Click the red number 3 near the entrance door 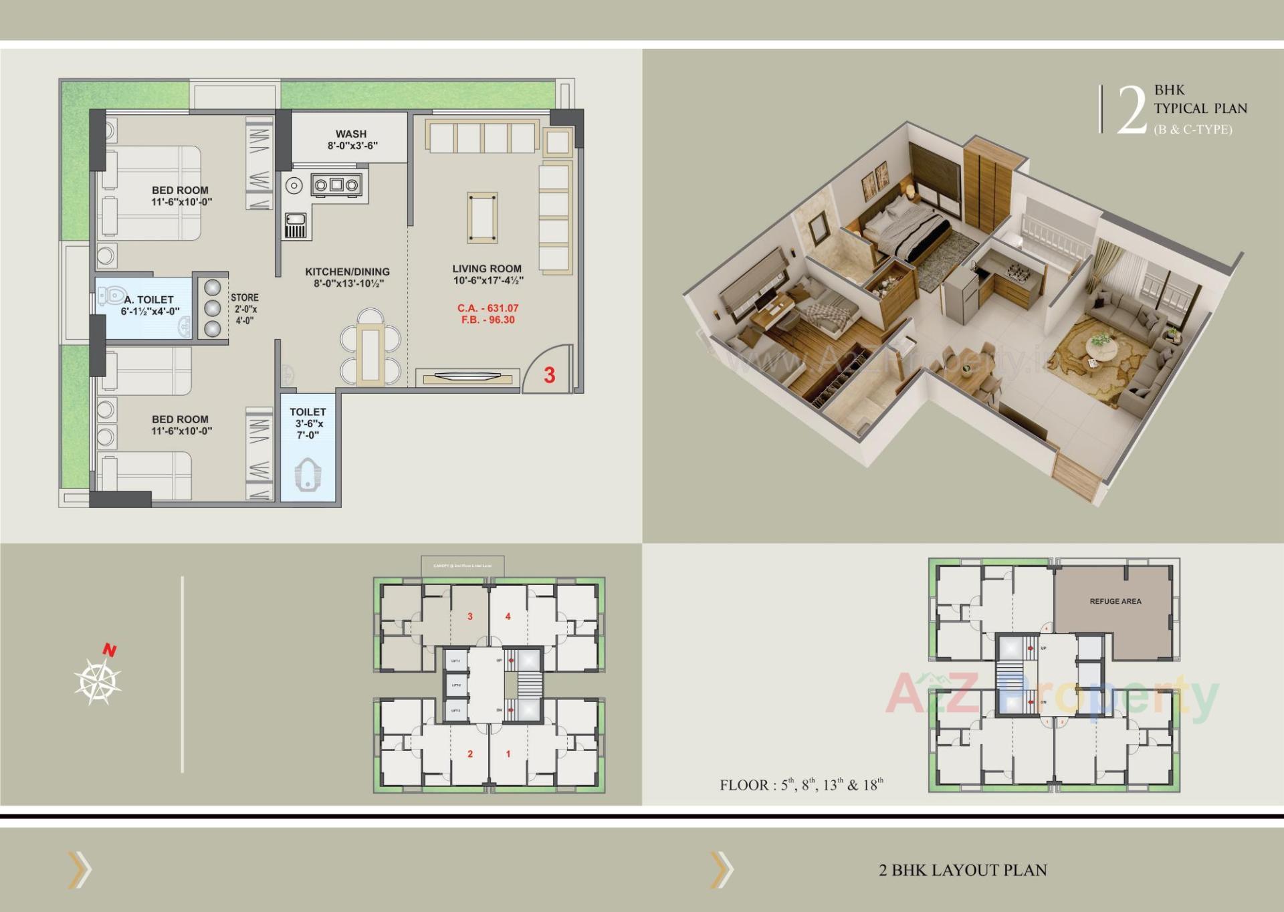coord(549,375)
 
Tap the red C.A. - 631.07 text coord(488,308)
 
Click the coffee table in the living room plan coord(481,218)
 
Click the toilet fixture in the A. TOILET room coord(111,295)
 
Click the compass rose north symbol coord(98,680)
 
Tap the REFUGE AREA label coord(1115,601)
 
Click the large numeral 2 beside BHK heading coord(1132,110)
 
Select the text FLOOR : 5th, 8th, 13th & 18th coord(801,784)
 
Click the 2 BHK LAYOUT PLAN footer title coord(962,870)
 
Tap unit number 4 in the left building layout coord(508,616)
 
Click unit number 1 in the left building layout coord(508,754)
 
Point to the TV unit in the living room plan coord(467,378)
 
